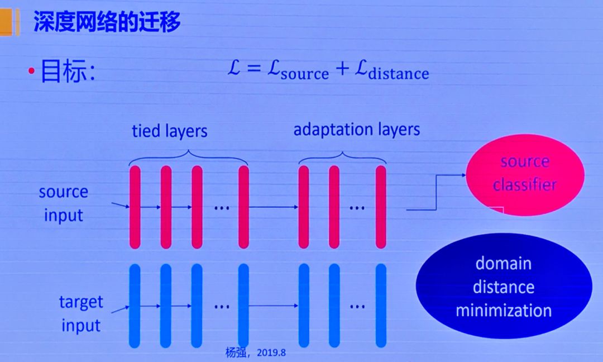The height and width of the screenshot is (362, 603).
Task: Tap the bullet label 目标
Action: click(x=68, y=73)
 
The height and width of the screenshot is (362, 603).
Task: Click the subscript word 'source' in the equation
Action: click(x=305, y=74)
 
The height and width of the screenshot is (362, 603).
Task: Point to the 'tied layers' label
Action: click(x=169, y=131)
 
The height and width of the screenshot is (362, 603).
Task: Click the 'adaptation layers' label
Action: click(x=357, y=130)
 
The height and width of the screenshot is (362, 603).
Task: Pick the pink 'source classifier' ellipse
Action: click(x=524, y=173)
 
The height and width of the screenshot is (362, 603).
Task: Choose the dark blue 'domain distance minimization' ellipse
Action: click(x=504, y=286)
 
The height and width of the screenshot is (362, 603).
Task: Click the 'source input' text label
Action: click(x=63, y=203)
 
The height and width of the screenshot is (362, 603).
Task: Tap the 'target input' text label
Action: click(x=81, y=313)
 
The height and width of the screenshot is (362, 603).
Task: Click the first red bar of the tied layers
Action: click(x=135, y=207)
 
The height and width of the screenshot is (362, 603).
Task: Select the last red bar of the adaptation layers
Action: click(x=381, y=207)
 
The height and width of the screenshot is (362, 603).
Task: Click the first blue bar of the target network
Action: click(x=135, y=305)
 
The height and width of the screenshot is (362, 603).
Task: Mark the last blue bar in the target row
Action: click(x=381, y=305)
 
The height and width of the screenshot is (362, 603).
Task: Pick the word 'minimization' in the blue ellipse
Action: click(x=504, y=311)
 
